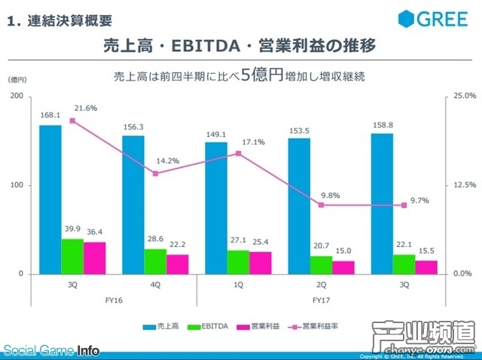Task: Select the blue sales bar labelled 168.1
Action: tap(50, 199)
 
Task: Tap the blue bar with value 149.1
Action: tap(216, 207)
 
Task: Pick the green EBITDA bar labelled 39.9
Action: tap(72, 256)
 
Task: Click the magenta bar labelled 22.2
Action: tap(178, 264)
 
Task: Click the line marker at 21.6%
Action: tap(72, 121)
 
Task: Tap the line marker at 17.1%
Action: tap(238, 153)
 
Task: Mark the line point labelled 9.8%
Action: tap(321, 205)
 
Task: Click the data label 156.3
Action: tap(133, 127)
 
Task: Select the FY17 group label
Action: tap(321, 299)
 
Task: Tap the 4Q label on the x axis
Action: tap(156, 285)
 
